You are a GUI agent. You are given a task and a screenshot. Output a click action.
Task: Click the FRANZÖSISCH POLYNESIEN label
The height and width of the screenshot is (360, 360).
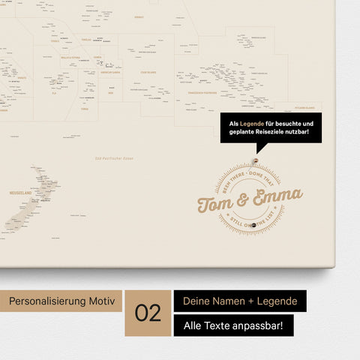click(x=200, y=92)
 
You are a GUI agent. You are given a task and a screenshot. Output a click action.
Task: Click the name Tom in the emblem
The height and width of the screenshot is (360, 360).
click(x=215, y=203)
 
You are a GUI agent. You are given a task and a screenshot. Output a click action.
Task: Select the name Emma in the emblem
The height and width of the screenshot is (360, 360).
click(x=277, y=197)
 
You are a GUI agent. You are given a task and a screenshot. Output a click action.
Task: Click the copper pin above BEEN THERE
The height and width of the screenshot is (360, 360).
click(x=256, y=161)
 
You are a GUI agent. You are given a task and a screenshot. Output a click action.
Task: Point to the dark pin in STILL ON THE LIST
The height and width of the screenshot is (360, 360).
click(x=255, y=225)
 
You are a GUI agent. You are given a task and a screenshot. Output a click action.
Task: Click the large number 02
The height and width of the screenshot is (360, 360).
click(x=148, y=313)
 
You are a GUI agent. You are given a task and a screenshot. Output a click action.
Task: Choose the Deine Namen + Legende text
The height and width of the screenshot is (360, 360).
click(x=239, y=301)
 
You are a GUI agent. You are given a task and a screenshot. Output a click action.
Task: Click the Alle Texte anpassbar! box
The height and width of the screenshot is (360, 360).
click(x=233, y=325)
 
